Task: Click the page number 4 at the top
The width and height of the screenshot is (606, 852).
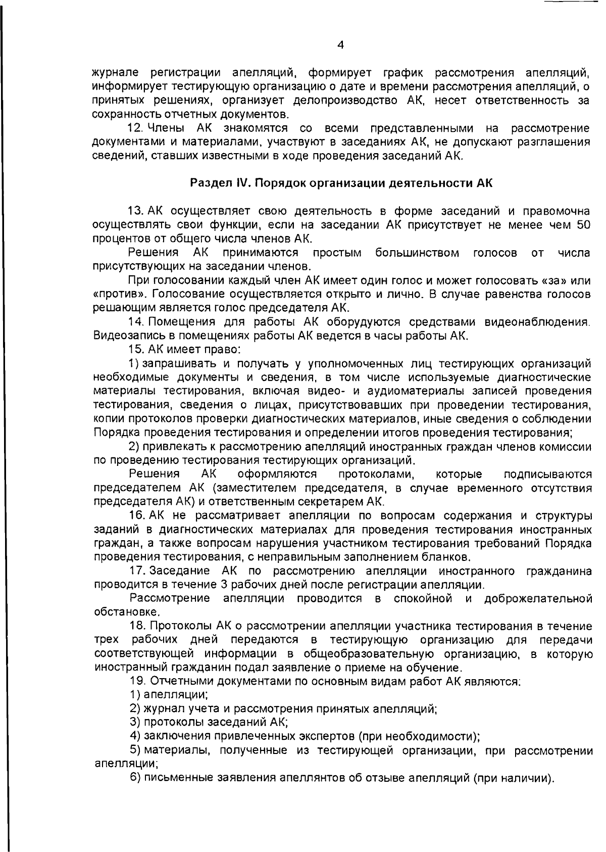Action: tap(340, 45)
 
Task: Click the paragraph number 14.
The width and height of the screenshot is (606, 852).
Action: tap(136, 322)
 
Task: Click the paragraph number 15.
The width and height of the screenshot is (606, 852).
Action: tap(136, 349)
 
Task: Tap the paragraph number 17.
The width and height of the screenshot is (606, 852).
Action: tap(136, 572)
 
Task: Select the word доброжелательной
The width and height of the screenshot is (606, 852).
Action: tap(537, 599)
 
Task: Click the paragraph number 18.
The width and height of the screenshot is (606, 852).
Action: tap(136, 627)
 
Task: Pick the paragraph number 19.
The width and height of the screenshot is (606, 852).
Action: tap(136, 682)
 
